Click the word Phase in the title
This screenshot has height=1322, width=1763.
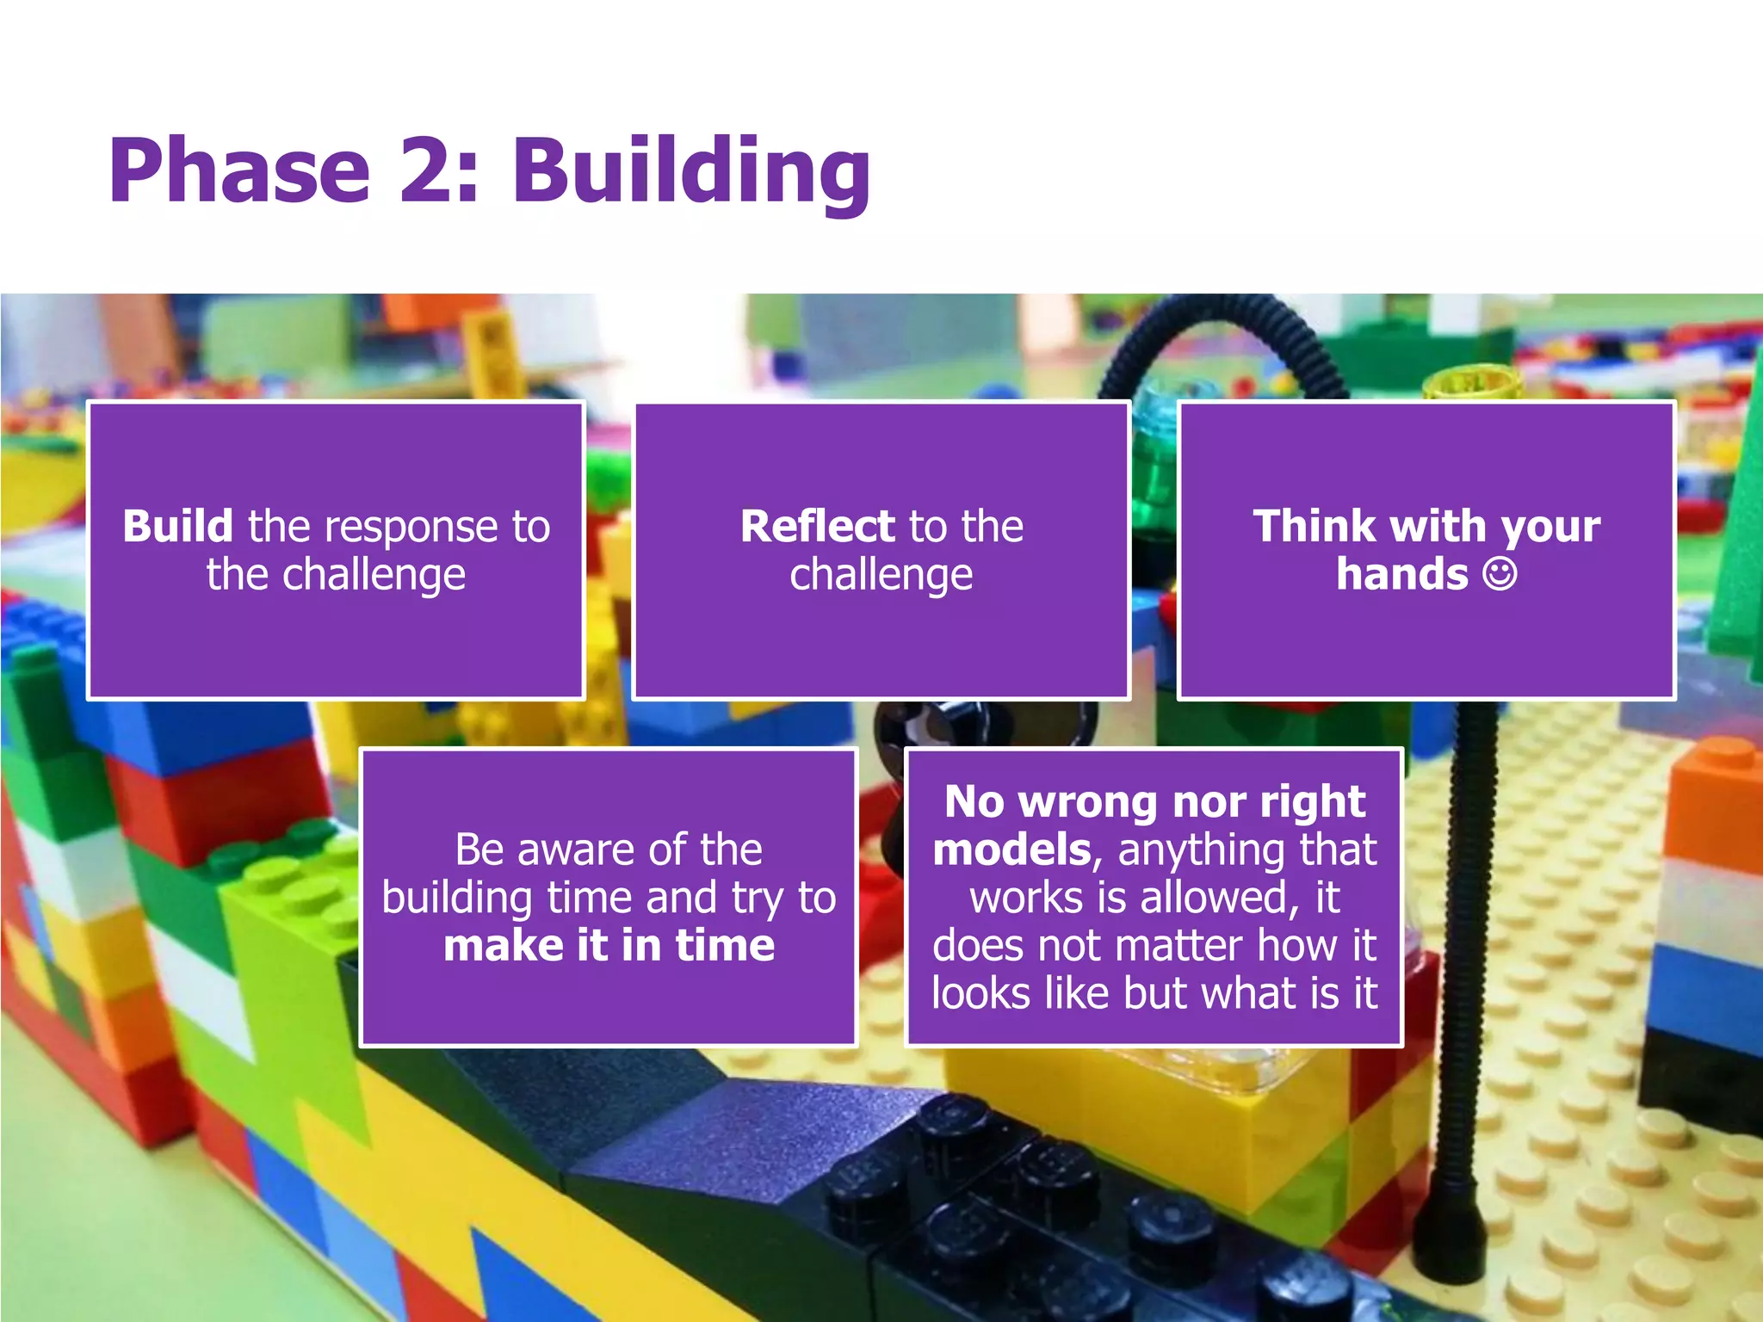[239, 171]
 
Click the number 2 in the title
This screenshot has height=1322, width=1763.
[428, 171]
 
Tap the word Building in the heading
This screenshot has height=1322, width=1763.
[691, 171]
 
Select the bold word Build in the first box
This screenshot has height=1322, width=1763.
[177, 526]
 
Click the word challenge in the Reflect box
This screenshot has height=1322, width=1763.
[881, 576]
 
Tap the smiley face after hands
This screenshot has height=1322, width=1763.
[1499, 574]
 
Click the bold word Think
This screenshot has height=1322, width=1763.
[1315, 526]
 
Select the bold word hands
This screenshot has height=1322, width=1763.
[1401, 574]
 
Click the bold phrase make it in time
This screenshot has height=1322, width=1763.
[609, 945]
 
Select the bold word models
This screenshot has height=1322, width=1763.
[1011, 850]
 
